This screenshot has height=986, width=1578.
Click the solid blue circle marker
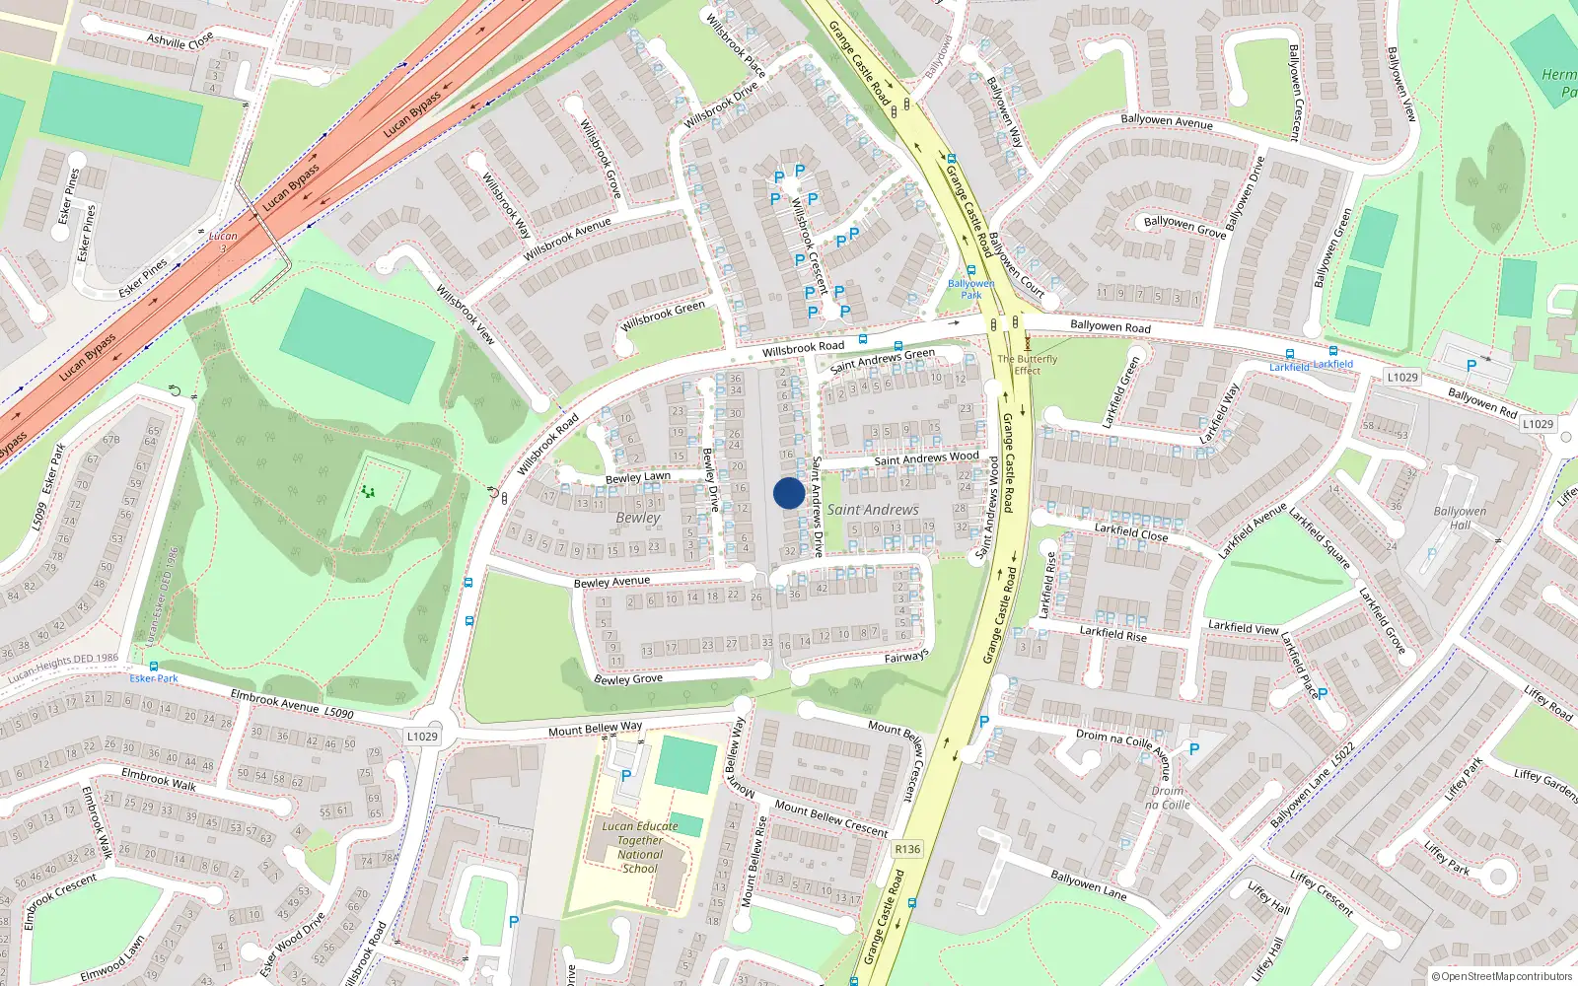click(x=788, y=493)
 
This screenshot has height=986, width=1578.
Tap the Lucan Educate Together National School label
click(x=640, y=847)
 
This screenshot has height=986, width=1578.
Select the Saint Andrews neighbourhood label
click(x=872, y=510)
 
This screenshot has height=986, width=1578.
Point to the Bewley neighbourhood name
click(x=638, y=518)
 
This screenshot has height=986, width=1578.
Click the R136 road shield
click(x=906, y=849)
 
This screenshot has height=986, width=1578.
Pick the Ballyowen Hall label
click(x=1460, y=518)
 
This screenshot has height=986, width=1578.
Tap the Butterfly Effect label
click(x=1027, y=365)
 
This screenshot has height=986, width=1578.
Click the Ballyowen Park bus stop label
click(x=970, y=289)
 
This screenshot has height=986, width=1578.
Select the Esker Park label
click(x=154, y=678)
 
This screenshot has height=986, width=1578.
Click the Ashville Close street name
click(x=179, y=40)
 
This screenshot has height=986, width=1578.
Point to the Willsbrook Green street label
click(x=663, y=316)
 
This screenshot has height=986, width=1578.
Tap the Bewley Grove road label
click(x=628, y=678)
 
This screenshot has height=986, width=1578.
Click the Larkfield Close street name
click(x=1130, y=532)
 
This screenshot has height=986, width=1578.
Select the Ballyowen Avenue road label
click(x=1167, y=121)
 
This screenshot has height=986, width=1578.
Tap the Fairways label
click(x=905, y=657)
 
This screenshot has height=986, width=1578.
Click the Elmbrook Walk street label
click(x=158, y=779)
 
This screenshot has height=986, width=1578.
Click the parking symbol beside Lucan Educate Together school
click(x=626, y=776)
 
